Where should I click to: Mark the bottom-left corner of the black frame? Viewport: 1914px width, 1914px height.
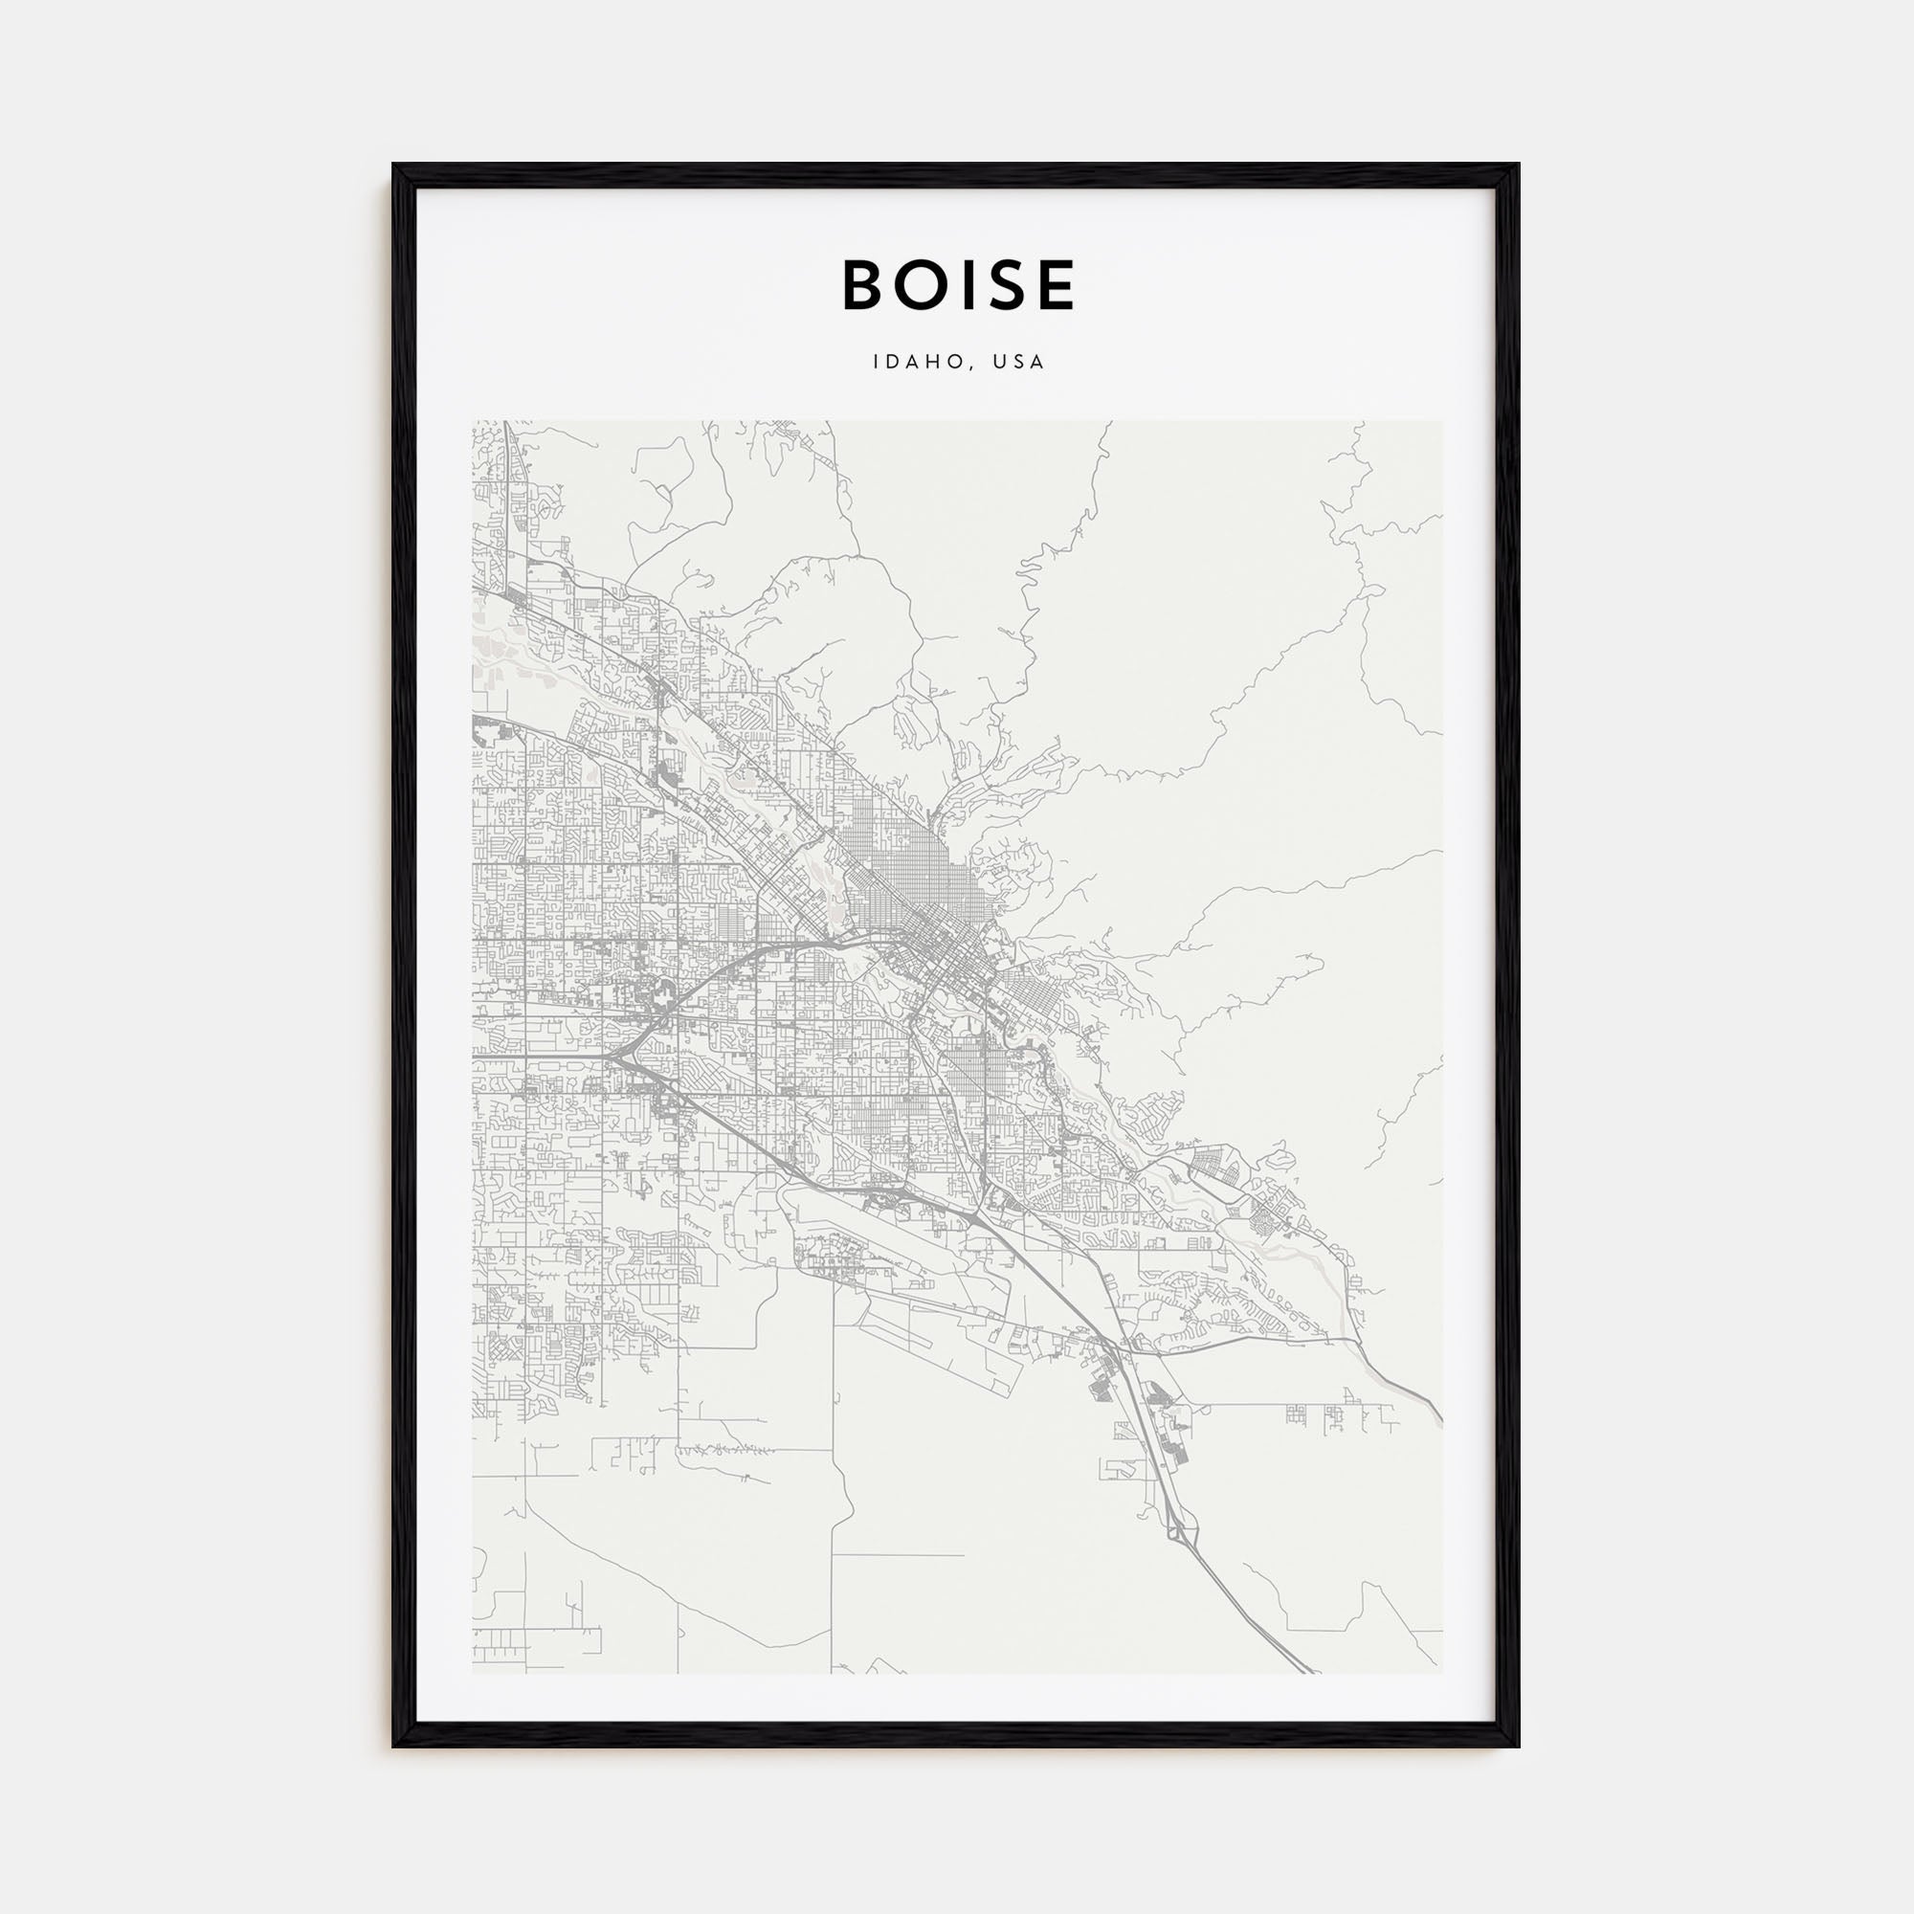394,1746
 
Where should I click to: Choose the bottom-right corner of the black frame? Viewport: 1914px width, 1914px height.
1518,1746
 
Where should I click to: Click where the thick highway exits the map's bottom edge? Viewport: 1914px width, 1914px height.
1310,1672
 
